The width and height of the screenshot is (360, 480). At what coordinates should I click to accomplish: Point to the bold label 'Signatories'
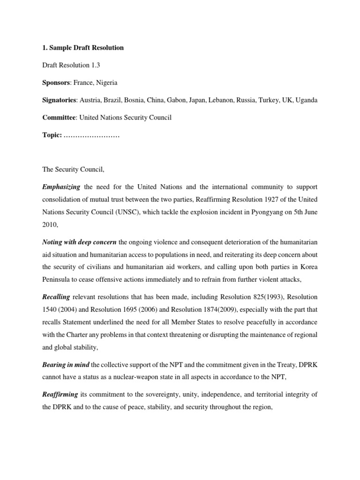coord(59,100)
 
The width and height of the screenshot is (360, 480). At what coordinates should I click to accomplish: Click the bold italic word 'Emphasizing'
coord(61,187)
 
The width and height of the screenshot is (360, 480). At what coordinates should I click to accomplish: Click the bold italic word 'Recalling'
coord(56,297)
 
